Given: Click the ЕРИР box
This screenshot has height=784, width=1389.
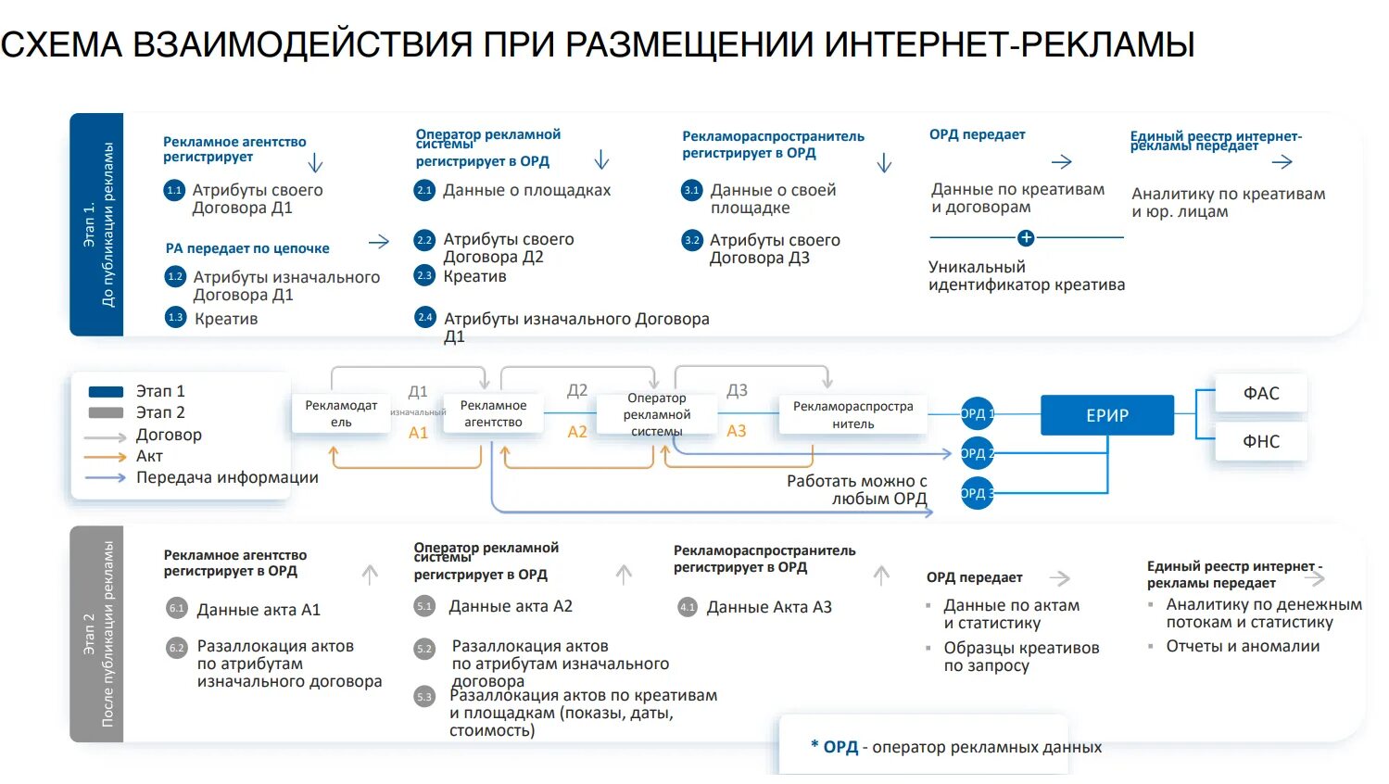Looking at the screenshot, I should pyautogui.click(x=1106, y=415).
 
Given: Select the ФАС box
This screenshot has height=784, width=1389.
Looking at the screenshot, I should pyautogui.click(x=1260, y=393).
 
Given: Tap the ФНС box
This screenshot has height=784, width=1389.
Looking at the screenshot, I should pyautogui.click(x=1260, y=441).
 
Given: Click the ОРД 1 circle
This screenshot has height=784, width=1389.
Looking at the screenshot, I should pyautogui.click(x=977, y=414).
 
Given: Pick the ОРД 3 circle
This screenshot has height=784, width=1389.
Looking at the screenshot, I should pyautogui.click(x=977, y=493).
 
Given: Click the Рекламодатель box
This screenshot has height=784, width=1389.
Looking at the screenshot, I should pyautogui.click(x=341, y=413).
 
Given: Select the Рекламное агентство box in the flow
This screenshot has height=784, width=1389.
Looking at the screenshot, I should pyautogui.click(x=492, y=413).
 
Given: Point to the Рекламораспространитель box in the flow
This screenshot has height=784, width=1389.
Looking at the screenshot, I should pyautogui.click(x=852, y=414).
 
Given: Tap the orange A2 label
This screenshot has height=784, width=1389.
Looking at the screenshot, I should pyautogui.click(x=577, y=432).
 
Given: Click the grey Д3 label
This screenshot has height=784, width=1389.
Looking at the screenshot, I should pyautogui.click(x=737, y=390).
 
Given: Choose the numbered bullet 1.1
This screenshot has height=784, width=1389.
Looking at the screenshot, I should pyautogui.click(x=174, y=190).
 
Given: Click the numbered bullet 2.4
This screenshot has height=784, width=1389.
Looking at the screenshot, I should pyautogui.click(x=424, y=317).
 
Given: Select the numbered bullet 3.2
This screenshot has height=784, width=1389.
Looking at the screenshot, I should pyautogui.click(x=692, y=240).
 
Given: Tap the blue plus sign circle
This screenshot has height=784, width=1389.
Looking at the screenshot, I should pyautogui.click(x=1025, y=238).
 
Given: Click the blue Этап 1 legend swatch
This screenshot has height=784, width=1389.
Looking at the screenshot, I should pyautogui.click(x=106, y=391).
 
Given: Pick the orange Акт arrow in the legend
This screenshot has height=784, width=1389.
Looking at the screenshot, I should pyautogui.click(x=105, y=457).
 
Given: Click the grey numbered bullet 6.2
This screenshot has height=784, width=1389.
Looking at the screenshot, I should pyautogui.click(x=176, y=648).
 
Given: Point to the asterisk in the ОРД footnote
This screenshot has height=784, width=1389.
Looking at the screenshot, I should pyautogui.click(x=814, y=745).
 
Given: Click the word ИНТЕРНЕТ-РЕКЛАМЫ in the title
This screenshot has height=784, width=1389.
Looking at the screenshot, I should pyautogui.click(x=1009, y=44).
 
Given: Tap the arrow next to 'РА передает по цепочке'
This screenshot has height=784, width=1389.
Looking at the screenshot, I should pyautogui.click(x=378, y=242).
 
